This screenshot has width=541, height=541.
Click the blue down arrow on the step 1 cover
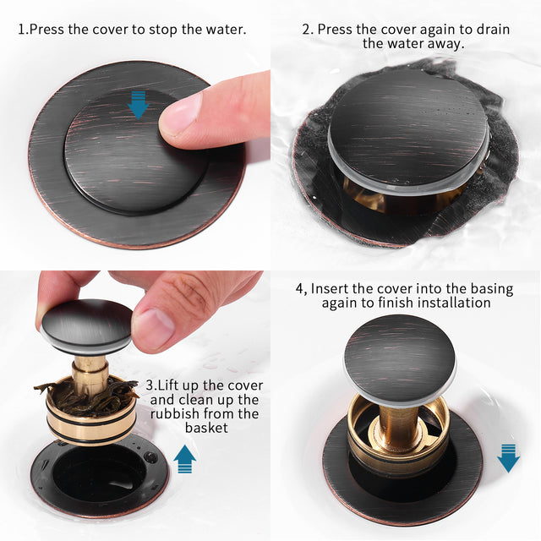click(137, 106)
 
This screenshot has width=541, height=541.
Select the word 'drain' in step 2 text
click(492, 30)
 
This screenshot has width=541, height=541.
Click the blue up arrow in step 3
click(185, 460)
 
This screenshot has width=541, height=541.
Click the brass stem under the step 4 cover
click(398, 423)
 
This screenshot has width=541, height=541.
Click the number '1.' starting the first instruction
click(24, 30)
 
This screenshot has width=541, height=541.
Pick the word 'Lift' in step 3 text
click(186, 385)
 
